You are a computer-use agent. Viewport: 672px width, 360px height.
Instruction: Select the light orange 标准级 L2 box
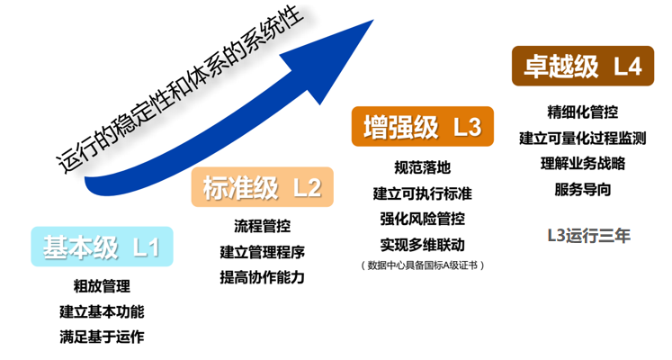click(262, 187)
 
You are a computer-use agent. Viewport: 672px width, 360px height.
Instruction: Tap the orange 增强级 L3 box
click(423, 127)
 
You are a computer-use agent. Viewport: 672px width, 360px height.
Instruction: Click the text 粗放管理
click(101, 287)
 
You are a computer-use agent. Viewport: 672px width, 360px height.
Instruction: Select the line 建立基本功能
click(101, 312)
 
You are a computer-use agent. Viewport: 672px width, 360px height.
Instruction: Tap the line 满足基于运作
click(101, 337)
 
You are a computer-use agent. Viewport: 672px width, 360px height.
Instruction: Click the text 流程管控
click(262, 225)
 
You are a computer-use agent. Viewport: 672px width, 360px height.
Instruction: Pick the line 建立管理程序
click(262, 251)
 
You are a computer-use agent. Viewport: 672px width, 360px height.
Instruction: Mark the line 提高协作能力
click(262, 277)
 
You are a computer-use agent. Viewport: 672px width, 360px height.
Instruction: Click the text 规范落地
click(423, 167)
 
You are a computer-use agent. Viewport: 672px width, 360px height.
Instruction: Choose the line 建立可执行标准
click(423, 193)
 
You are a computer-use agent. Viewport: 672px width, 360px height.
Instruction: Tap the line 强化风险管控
click(423, 219)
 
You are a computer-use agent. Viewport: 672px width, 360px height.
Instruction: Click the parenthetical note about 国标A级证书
click(423, 265)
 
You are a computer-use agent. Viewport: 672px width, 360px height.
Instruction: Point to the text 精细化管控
click(583, 112)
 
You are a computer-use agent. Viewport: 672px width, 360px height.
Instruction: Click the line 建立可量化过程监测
click(583, 139)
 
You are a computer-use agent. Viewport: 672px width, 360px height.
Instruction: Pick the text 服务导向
click(583, 190)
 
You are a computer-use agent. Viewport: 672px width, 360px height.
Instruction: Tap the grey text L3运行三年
click(589, 236)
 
